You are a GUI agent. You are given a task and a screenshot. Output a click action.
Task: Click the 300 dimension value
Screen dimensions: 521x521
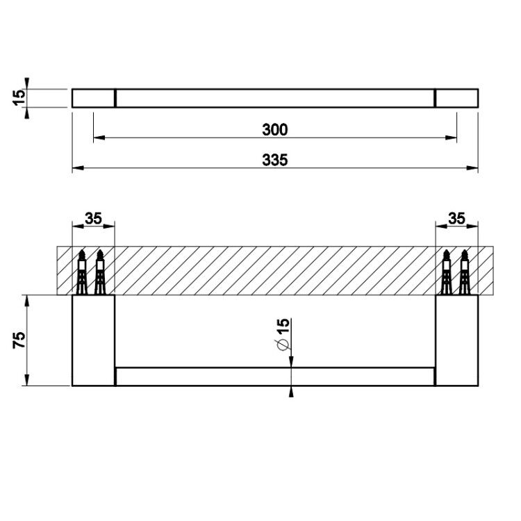(x=275, y=130)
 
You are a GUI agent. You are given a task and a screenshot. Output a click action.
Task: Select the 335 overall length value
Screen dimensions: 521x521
(x=275, y=160)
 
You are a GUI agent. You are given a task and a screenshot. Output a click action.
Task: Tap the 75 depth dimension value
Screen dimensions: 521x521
(x=19, y=340)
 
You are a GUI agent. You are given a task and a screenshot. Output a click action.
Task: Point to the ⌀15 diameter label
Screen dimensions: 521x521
(x=283, y=335)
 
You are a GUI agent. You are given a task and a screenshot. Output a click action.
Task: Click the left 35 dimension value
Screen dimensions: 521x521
(x=93, y=219)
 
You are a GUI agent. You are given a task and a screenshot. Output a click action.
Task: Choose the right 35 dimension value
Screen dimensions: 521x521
(x=456, y=219)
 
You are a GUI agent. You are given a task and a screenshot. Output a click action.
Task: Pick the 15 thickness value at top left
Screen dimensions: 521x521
(x=19, y=98)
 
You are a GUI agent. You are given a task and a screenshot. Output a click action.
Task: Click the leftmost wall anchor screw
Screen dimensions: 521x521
(x=81, y=272)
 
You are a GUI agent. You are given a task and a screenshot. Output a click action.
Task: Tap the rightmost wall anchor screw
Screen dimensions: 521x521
(x=464, y=272)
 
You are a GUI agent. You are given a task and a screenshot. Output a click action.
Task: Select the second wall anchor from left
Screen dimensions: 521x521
(x=99, y=272)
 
